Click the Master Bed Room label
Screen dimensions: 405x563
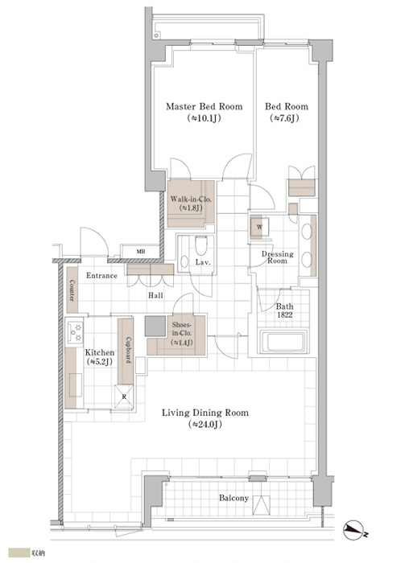coord(205,107)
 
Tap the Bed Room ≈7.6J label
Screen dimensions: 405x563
coord(287,112)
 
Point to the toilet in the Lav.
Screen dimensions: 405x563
coord(200,245)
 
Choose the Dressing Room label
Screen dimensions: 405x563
coord(278,257)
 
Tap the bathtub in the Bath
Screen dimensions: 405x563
coord(283,342)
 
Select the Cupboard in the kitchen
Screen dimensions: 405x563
coord(126,351)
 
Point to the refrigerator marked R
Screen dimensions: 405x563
coord(124,397)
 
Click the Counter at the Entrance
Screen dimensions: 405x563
coord(72,290)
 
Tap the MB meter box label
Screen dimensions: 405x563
coord(141,251)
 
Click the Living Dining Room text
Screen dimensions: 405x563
coord(205,413)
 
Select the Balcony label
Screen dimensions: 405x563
coord(233,498)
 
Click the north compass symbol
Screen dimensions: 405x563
coord(355,530)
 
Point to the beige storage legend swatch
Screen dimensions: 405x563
coord(19,553)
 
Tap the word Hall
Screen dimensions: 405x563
coord(155,295)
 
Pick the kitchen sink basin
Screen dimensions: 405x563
coord(76,385)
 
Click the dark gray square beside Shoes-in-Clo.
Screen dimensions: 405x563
coord(155,326)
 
